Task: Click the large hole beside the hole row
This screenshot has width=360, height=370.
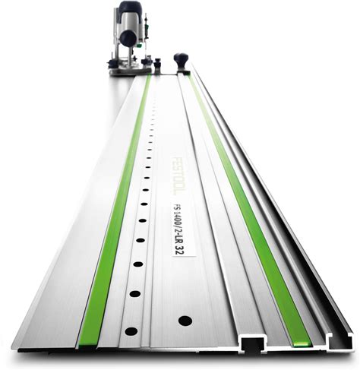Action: pos(185,321)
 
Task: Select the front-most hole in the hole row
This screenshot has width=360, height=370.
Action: pos(131,331)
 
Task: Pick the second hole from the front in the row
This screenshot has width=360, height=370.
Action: pos(135,294)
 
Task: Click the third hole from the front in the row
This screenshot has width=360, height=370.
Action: pos(138,264)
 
